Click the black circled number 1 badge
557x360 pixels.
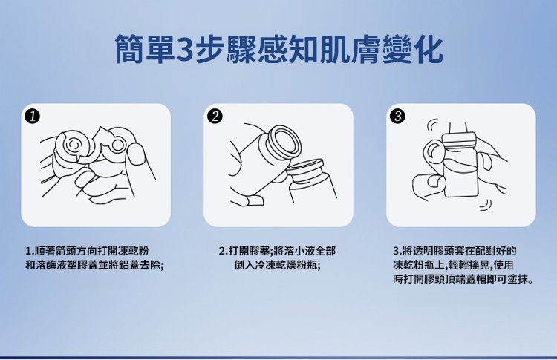33,116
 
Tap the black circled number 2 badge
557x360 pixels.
215,116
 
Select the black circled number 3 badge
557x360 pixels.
397,116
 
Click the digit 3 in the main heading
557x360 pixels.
184,50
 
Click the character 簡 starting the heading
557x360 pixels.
131,49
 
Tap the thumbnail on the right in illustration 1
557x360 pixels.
137,154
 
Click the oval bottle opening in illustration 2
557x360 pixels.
284,143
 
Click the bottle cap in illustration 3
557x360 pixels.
459,140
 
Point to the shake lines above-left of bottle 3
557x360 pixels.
432,125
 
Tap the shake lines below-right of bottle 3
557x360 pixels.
486,205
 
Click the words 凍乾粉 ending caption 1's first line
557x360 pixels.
137,251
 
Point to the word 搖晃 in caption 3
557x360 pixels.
473,265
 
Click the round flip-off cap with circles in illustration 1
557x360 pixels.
73,145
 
